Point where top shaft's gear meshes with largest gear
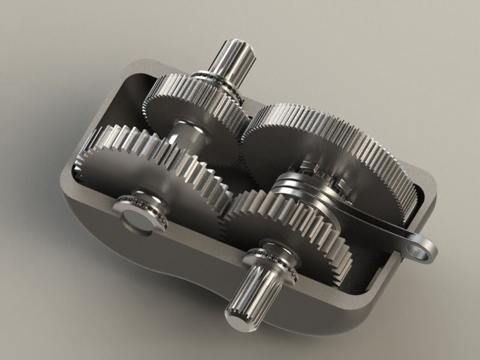click(x=246, y=123)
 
